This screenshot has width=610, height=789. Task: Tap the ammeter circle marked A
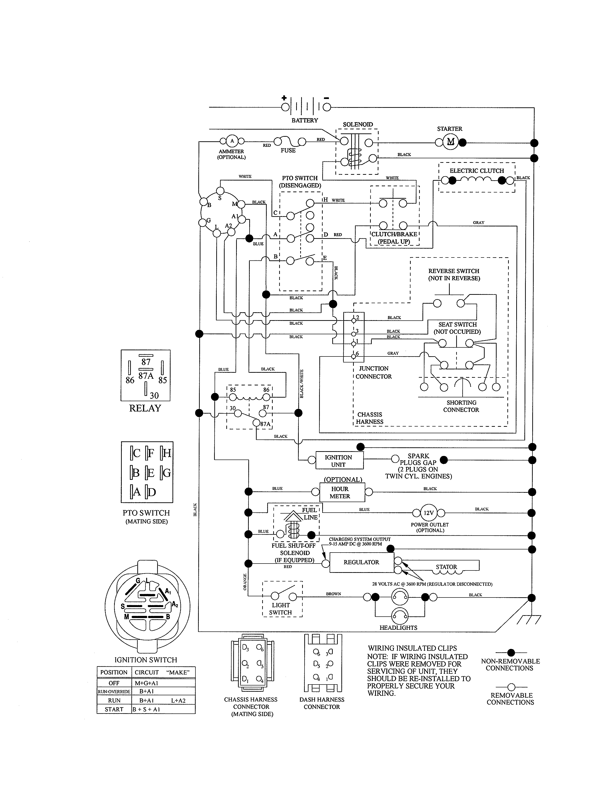pos(232,141)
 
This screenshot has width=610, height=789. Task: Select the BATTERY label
pos(305,120)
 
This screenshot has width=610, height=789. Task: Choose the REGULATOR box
pos(361,562)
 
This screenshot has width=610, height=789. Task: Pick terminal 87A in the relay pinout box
pos(146,376)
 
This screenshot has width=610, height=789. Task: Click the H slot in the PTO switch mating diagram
pos(166,453)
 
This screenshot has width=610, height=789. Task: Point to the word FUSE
pos(288,150)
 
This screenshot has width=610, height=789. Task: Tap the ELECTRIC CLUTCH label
pos(477,170)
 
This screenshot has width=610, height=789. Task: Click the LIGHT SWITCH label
pos(281,609)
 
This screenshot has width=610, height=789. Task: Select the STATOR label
pos(446,567)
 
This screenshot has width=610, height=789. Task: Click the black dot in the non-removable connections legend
pos(511,652)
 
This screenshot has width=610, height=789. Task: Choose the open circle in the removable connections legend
pos(511,687)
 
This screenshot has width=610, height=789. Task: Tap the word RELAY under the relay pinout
pos(145,408)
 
